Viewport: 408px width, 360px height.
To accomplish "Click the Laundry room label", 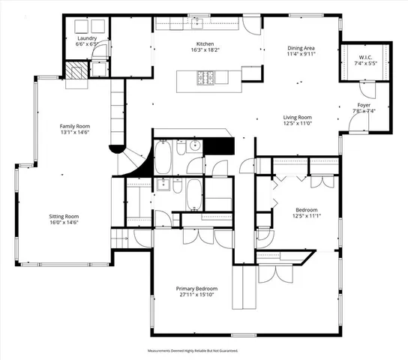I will [87, 37].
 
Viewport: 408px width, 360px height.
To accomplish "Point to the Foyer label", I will [363, 106].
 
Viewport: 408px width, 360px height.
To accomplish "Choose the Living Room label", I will [297, 117].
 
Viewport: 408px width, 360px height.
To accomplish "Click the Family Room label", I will [75, 126].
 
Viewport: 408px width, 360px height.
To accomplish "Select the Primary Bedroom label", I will [196, 289].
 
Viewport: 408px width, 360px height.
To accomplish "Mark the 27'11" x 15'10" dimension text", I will [196, 295].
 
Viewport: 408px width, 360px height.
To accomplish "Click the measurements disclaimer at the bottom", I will [203, 350].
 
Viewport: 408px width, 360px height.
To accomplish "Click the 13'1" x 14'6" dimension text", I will [75, 133].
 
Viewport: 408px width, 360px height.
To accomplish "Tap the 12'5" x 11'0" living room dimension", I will [297, 124].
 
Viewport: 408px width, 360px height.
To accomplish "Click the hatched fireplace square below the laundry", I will [75, 72].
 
